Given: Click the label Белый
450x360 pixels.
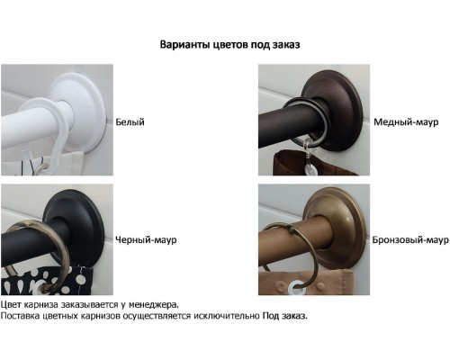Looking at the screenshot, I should click(x=130, y=121).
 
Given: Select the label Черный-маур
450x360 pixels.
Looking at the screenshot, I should click(x=146, y=240).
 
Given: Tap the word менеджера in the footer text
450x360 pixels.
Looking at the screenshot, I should click(x=159, y=305).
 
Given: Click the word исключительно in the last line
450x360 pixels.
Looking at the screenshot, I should click(x=227, y=317).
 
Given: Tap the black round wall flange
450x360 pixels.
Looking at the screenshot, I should click(x=75, y=221).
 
